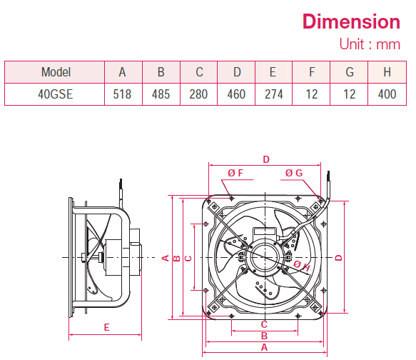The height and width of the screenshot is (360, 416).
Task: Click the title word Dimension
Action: coord(350,21)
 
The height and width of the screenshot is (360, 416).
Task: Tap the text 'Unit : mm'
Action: coord(369,44)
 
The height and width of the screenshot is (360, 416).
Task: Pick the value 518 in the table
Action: coord(123,94)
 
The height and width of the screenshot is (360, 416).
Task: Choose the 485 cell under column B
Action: coord(161,94)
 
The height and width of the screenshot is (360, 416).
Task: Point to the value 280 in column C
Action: coord(199,94)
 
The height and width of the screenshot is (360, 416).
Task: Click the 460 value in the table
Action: coord(237,94)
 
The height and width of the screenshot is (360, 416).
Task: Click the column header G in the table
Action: coord(349,72)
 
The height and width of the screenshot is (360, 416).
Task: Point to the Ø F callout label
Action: coord(235,173)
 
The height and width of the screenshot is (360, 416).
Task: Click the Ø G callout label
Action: coord(294,173)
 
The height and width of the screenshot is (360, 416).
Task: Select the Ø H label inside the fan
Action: coord(302,266)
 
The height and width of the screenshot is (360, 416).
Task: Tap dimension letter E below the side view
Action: coord(106,327)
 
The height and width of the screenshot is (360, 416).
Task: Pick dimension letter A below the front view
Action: coord(264,347)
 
